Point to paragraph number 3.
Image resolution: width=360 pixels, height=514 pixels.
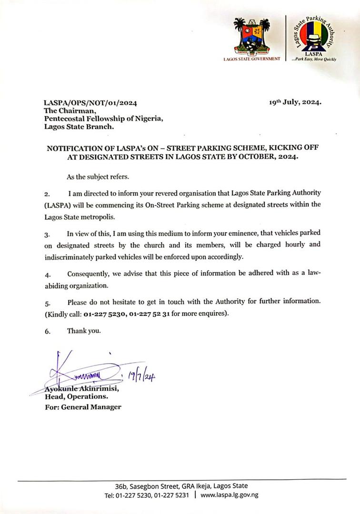tap(47, 235)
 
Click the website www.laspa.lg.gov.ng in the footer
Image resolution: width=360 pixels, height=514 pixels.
tap(229, 495)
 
